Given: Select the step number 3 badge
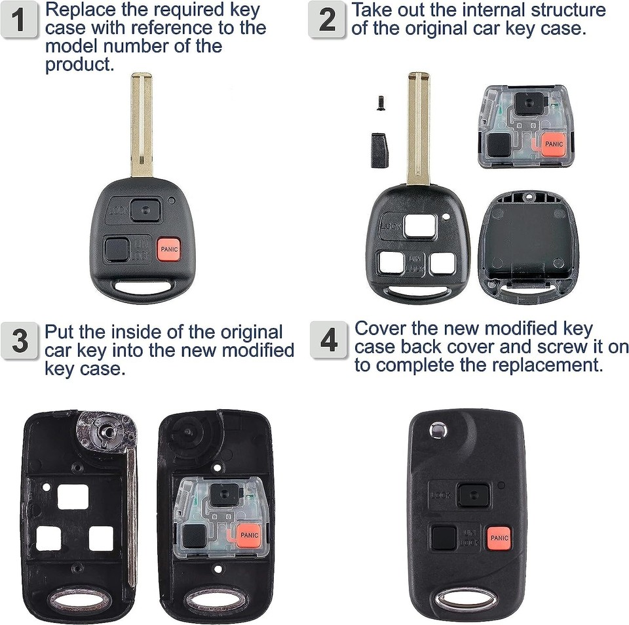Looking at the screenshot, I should coord(20,341).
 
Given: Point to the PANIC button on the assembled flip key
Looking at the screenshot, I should coord(499,538).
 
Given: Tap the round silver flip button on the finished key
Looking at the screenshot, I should coord(436,430).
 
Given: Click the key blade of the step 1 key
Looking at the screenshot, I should coord(142,125).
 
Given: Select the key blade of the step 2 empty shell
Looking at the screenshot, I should coord(418,128).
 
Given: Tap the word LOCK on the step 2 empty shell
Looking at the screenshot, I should coord(391,226).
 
